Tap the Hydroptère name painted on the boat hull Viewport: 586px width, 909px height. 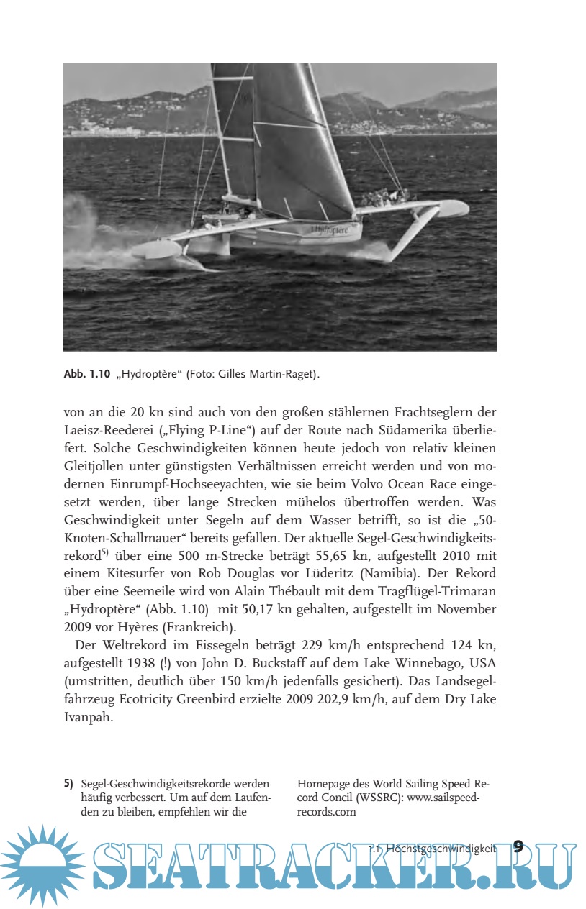[330, 230]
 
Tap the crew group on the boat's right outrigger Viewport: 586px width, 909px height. [386, 196]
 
